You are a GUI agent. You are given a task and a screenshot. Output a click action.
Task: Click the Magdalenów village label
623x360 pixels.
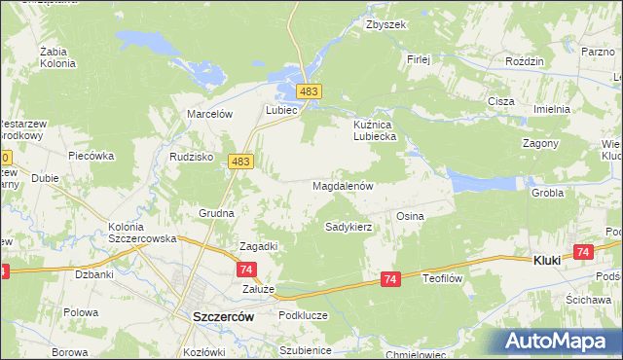tap(343, 185)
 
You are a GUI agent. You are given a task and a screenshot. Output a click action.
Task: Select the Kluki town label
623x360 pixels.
tap(551, 260)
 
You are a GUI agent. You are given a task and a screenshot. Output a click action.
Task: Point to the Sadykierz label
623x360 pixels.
tap(348, 227)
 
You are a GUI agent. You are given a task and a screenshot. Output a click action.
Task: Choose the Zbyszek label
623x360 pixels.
tap(385, 25)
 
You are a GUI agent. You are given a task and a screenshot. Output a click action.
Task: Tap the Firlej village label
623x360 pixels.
tap(419, 58)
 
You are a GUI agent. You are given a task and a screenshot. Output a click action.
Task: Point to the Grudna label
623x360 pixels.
tap(215, 212)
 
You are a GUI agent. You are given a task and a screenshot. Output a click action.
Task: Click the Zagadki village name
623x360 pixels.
tap(259, 246)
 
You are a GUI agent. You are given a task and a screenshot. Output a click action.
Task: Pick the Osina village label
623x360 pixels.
tap(409, 215)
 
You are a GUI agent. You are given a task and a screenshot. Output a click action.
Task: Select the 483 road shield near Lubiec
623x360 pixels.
tap(309, 91)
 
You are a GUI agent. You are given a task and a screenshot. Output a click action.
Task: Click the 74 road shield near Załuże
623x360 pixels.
tap(247, 270)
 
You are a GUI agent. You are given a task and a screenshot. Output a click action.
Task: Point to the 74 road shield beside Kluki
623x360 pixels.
tap(583, 252)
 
